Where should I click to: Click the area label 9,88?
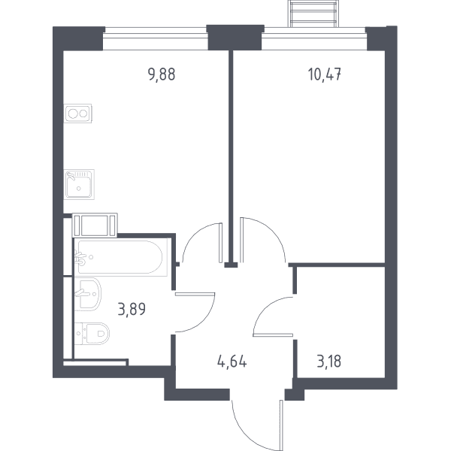point(162,74)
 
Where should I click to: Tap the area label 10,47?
point(325,74)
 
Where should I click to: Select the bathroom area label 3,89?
point(132,309)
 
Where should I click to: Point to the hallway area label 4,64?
point(232,362)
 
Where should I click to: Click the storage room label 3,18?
point(329,362)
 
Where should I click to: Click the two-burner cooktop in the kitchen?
point(78,114)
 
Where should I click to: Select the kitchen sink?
point(80,184)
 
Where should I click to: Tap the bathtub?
point(120,257)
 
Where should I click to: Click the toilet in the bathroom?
point(92,333)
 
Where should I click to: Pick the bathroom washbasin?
point(88,294)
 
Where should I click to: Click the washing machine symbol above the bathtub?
point(95,225)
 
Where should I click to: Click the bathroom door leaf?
point(195,294)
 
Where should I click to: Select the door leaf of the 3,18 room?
point(273,334)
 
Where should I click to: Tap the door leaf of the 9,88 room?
point(220,243)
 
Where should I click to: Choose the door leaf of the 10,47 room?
point(241,241)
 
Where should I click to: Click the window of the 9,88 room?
point(156,38)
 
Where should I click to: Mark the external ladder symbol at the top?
point(313,14)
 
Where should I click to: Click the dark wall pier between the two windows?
point(235,38)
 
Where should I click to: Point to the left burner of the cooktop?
point(72,114)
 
